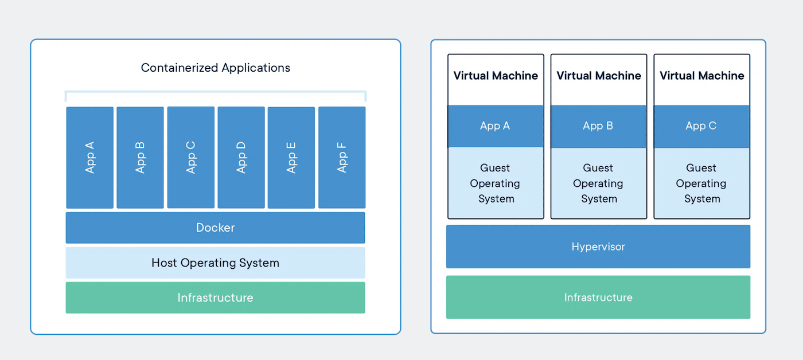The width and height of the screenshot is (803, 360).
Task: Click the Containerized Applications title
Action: [x=216, y=68]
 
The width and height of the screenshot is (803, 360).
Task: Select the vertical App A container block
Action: [x=90, y=158]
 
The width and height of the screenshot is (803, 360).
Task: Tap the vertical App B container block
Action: [x=141, y=158]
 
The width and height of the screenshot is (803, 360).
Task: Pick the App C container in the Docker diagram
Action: [x=191, y=158]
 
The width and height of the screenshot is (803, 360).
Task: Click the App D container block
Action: [x=241, y=158]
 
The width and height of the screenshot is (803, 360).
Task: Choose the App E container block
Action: [x=291, y=158]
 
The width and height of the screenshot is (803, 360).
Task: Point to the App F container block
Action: [x=342, y=158]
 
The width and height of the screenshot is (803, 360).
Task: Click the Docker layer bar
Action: [x=216, y=228]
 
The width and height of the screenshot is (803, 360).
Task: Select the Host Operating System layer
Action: [x=216, y=263]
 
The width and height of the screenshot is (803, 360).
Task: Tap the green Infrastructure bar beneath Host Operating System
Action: [x=216, y=298]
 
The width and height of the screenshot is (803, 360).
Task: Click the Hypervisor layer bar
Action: [x=598, y=246]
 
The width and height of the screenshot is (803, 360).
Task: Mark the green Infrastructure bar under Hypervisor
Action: [x=598, y=297]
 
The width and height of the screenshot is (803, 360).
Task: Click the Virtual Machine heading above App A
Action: [x=496, y=76]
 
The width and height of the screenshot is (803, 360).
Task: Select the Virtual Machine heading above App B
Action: [x=599, y=76]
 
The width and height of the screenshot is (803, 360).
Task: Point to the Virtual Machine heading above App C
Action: [x=701, y=76]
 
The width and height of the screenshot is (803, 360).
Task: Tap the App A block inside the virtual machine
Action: [x=496, y=126]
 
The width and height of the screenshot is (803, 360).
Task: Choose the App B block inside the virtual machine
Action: [x=599, y=126]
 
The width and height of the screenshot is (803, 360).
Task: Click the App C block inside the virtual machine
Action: [x=701, y=126]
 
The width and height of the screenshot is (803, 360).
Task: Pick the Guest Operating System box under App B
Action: [x=599, y=183]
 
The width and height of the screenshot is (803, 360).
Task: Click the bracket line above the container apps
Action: [x=216, y=92]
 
